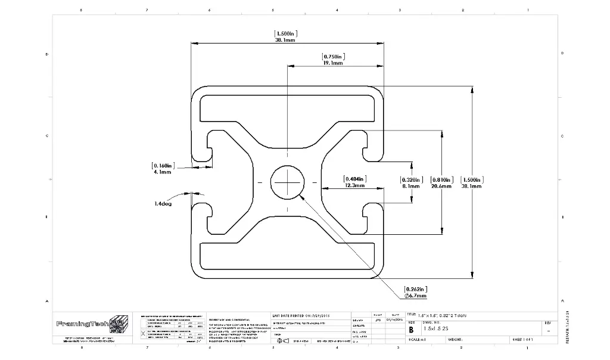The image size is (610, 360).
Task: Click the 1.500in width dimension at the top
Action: pyautogui.click(x=285, y=33)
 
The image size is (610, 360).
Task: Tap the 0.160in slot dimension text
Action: pyautogui.click(x=162, y=165)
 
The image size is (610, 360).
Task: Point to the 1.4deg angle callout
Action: pyautogui.click(x=163, y=203)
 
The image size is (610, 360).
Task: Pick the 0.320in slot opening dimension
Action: pyautogui.click(x=410, y=179)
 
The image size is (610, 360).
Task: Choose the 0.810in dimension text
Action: pyautogui.click(x=441, y=179)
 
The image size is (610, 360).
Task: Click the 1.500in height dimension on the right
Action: pyautogui.click(x=472, y=179)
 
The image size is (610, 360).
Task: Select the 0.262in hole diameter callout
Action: pyautogui.click(x=415, y=289)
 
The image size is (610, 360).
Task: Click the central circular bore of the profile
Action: pyautogui.click(x=287, y=181)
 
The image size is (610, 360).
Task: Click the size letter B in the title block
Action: pyautogui.click(x=410, y=329)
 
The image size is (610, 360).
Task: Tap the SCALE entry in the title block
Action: pyautogui.click(x=417, y=340)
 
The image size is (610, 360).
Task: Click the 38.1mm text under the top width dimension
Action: pyautogui.click(x=285, y=41)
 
